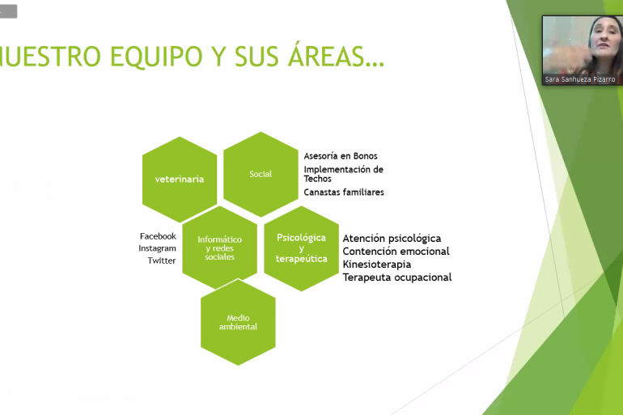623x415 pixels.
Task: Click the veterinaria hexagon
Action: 180,179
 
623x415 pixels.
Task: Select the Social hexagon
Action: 261,174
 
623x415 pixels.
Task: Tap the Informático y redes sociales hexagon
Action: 220,248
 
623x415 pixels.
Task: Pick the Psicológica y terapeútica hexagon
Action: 301,248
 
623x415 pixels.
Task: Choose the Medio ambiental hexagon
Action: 238,322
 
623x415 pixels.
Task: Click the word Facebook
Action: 158,236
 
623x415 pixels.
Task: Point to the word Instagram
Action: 157,248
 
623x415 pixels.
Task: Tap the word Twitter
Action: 161,260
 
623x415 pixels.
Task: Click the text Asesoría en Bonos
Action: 341,156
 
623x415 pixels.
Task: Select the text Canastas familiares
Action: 344,193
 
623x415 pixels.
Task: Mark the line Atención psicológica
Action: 392,239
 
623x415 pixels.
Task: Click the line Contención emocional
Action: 396,252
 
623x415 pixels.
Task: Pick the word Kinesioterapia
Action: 377,265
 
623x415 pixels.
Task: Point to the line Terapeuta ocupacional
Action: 397,277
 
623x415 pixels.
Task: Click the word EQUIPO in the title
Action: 156,57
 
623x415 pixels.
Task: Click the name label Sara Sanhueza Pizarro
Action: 579,79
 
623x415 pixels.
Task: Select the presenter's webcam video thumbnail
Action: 583,50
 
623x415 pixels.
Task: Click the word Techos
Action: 317,179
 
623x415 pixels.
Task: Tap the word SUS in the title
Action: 256,57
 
